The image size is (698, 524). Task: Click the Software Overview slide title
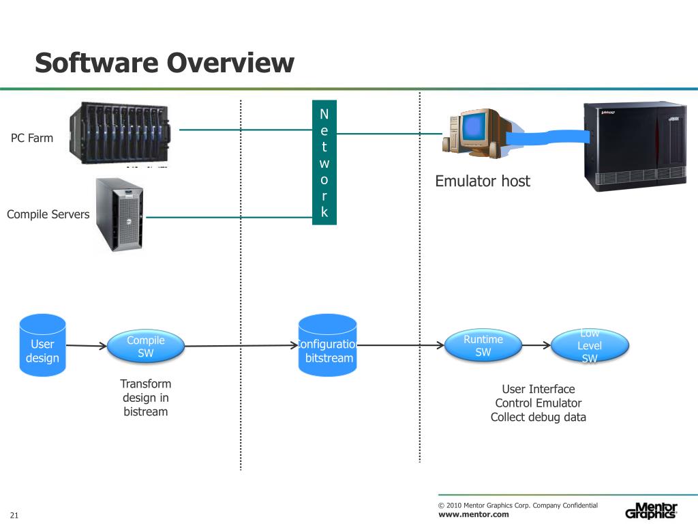click(x=164, y=63)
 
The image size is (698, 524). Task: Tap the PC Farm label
click(x=32, y=138)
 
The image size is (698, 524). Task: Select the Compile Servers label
click(x=48, y=214)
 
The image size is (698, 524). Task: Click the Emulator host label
click(x=482, y=181)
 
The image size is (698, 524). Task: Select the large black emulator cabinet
click(x=635, y=146)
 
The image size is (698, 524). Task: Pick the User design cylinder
click(x=42, y=346)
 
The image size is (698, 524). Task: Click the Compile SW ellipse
click(x=146, y=346)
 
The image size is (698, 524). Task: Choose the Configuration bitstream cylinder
click(x=328, y=347)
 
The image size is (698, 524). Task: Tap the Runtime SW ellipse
click(x=483, y=345)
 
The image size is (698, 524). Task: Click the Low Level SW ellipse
click(x=590, y=346)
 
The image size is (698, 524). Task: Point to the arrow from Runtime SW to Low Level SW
click(x=535, y=346)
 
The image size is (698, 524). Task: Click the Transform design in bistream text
click(x=146, y=398)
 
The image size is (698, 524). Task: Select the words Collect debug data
click(x=538, y=417)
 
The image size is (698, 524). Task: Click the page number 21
click(x=14, y=514)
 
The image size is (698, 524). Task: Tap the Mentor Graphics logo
click(x=651, y=511)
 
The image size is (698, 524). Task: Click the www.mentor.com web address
click(x=473, y=514)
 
